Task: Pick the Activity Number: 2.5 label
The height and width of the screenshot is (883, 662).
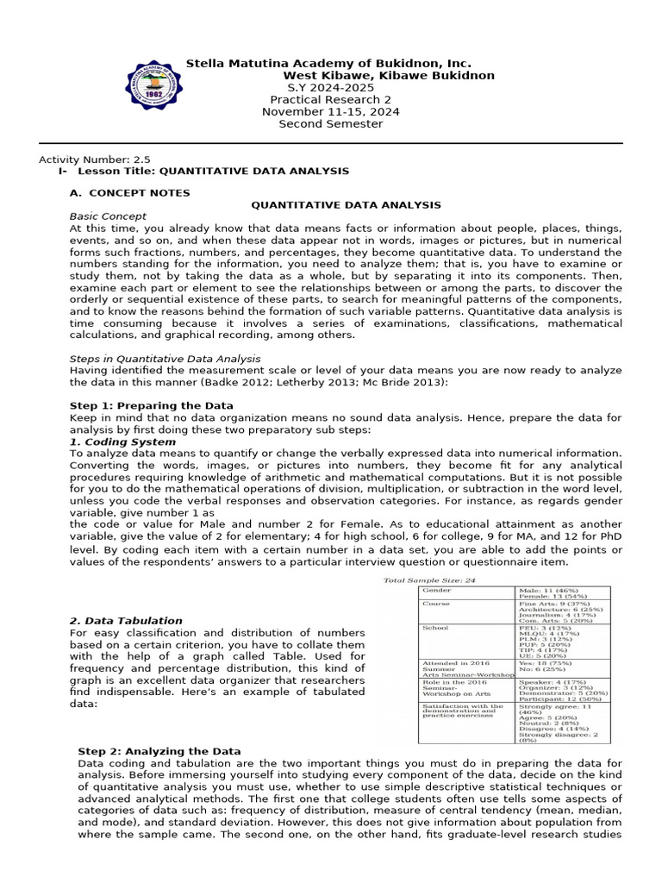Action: tap(95, 160)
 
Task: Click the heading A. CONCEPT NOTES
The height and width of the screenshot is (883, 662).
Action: tap(129, 192)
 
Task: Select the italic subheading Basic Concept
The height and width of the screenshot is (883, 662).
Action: tap(108, 216)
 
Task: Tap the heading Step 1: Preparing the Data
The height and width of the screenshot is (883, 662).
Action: tap(151, 405)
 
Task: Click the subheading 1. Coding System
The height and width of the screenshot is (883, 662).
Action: tap(122, 441)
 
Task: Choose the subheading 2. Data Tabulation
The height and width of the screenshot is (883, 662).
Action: tap(126, 620)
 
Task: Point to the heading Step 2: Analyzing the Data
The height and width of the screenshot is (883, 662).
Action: tap(159, 751)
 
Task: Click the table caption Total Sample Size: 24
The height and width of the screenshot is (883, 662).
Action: tap(429, 580)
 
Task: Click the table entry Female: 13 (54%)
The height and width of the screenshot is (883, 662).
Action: tap(553, 596)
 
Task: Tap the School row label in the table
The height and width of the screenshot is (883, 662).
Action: tap(434, 628)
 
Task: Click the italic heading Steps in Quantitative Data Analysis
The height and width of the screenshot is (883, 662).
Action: tap(165, 358)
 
